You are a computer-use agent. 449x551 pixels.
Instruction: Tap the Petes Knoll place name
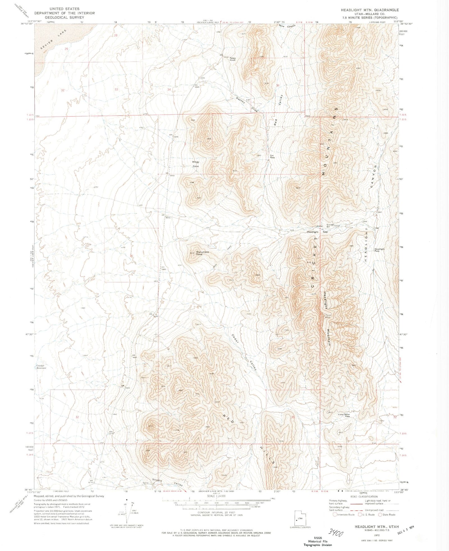coord(232,59)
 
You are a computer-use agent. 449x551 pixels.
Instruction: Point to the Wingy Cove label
coord(195,164)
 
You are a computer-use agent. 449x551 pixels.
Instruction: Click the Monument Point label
coord(202,253)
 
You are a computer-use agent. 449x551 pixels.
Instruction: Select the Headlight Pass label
coord(379,250)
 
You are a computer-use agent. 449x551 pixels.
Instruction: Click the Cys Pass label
coord(272,156)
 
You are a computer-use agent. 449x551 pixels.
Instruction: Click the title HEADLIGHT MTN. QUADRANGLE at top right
coord(369,10)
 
